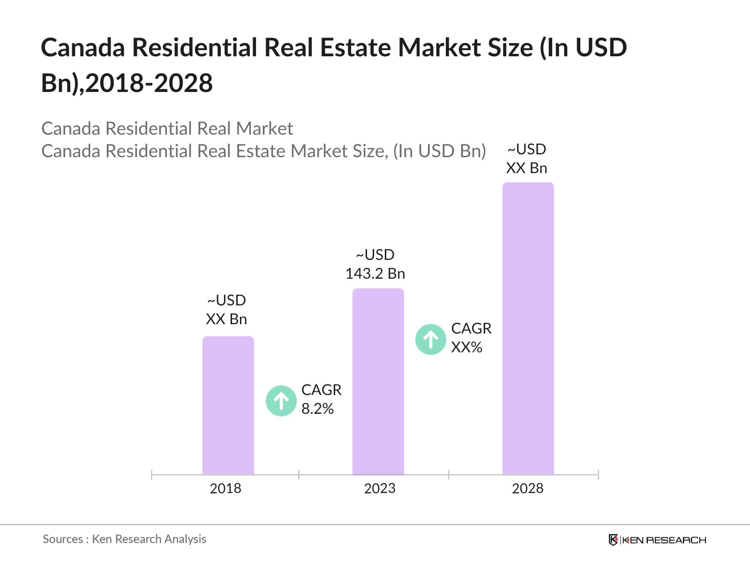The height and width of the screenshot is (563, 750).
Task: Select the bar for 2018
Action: click(x=228, y=405)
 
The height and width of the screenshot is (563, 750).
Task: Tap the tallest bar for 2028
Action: click(x=528, y=328)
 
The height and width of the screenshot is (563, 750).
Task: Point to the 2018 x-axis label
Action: click(x=225, y=488)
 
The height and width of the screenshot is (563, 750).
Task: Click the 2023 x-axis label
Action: click(x=380, y=488)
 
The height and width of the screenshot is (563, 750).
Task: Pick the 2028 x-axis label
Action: click(x=527, y=488)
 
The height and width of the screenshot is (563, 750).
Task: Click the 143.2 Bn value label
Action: click(x=375, y=274)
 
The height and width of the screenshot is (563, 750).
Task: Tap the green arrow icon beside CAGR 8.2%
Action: click(x=281, y=401)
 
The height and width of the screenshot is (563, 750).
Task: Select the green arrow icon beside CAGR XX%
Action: click(x=430, y=339)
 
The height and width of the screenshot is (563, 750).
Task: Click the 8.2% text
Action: click(x=317, y=409)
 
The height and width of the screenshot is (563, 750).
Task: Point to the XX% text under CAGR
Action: click(x=466, y=347)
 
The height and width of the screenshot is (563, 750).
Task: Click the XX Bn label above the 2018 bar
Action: click(x=226, y=319)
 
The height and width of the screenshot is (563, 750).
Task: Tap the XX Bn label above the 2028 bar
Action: click(x=526, y=168)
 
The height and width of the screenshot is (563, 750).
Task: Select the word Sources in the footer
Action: click(x=63, y=539)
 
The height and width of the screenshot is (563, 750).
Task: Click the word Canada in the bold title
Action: click(x=83, y=48)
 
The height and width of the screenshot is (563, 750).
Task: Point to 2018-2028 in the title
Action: click(x=149, y=83)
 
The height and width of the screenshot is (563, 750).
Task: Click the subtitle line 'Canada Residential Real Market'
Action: click(x=167, y=129)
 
